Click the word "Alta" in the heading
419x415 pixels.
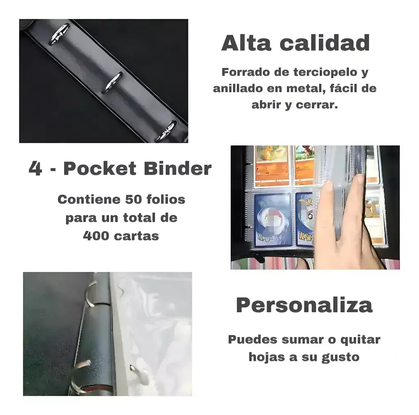pyautogui.click(x=246, y=43)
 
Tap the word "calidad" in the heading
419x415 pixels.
pyautogui.click(x=324, y=43)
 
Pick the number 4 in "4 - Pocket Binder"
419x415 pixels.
pyautogui.click(x=36, y=169)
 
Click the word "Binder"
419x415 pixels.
pyautogui.click(x=178, y=169)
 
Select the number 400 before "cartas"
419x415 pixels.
pyautogui.click(x=96, y=236)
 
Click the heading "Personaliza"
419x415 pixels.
pyautogui.click(x=304, y=305)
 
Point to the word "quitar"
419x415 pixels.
pyautogui.click(x=360, y=340)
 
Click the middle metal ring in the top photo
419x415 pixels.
pyautogui.click(x=113, y=83)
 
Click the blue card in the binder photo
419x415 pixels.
pyautogui.click(x=273, y=220)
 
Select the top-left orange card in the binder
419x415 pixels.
pyautogui.click(x=272, y=166)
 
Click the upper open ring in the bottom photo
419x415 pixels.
pyautogui.click(x=91, y=293)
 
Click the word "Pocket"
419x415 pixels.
pyautogui.click(x=100, y=169)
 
